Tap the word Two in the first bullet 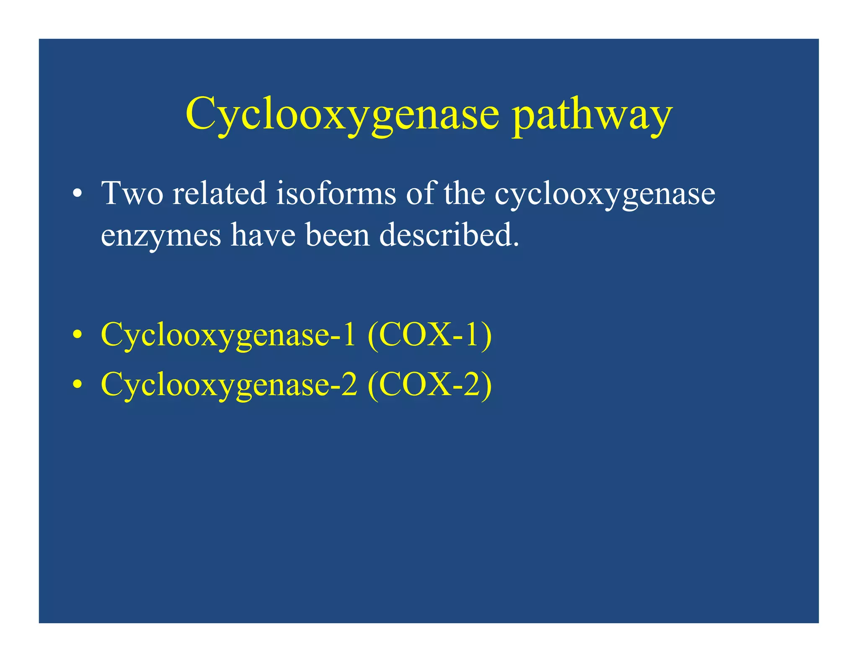point(132,193)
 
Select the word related point(220,193)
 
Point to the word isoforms point(336,193)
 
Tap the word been point(337,235)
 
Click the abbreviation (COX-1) point(429,335)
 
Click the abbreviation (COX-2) point(429,385)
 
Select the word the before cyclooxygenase point(464,193)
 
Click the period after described point(516,245)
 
